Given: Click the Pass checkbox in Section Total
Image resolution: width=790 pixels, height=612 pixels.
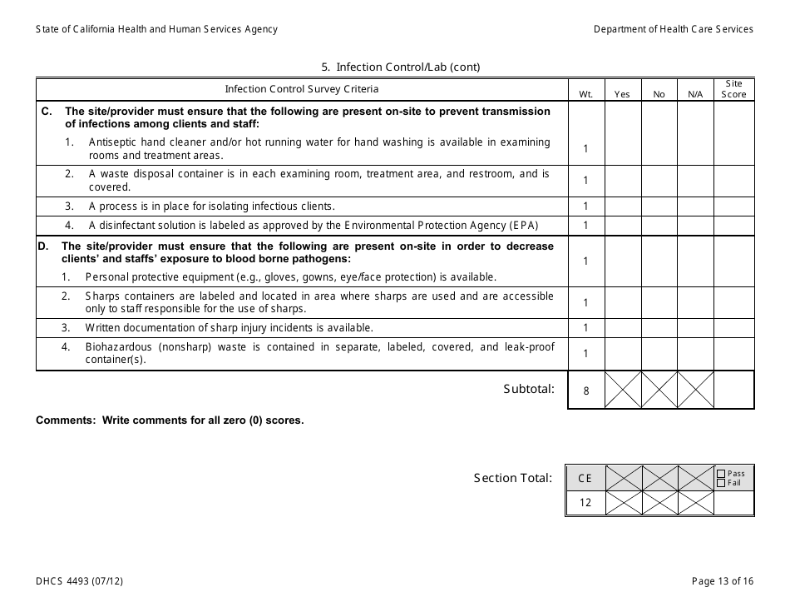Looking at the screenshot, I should coord(721,474).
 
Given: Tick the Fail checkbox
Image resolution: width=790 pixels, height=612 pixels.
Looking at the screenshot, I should coord(721,483).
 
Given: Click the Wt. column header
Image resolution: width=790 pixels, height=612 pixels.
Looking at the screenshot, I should coord(585,94).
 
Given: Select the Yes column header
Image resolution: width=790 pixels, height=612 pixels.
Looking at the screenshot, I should coord(622,94).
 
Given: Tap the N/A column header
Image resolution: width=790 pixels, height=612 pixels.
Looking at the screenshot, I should coord(695,94).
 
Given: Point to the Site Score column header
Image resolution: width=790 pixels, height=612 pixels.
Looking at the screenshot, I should coord(733,89).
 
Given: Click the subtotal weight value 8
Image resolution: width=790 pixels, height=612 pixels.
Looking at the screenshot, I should coord(585,391).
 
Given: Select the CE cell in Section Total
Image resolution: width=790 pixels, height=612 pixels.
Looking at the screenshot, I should coord(585,478).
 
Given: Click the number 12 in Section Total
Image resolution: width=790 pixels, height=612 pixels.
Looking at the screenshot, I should coord(585,503).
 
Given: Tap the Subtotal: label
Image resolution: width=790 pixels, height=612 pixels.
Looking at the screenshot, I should coord(528,389).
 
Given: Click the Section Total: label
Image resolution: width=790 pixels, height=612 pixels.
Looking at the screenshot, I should coord(512,478).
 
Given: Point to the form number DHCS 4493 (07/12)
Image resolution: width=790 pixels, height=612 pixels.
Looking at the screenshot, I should coord(81,581).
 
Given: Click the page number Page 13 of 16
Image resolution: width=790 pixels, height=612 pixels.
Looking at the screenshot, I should coord(722,581).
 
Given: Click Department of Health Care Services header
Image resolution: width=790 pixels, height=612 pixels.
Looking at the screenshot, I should coord(673,29).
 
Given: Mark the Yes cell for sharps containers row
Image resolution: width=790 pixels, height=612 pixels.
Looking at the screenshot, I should coord(622,303).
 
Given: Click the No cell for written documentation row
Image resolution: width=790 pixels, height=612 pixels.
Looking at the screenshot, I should coord(659,328).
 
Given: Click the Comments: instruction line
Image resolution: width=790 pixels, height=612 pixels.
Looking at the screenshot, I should coord(170,420).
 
